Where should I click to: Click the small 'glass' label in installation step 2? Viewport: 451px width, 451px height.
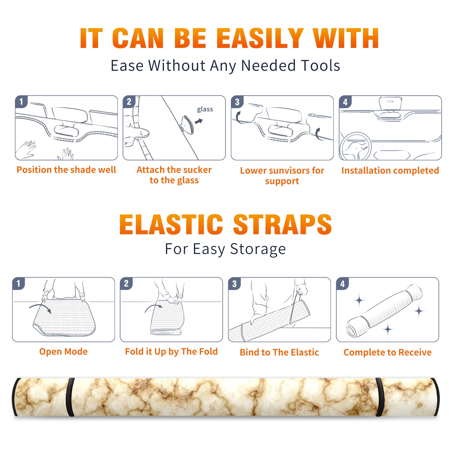(205, 109)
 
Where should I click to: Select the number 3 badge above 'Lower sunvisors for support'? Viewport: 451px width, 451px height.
(237, 102)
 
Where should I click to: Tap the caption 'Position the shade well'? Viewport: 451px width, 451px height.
(66, 170)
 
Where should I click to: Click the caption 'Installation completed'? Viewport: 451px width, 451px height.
(390, 171)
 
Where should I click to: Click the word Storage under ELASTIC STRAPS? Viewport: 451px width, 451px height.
(258, 249)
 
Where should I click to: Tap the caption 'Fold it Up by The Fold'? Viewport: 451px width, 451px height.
(171, 351)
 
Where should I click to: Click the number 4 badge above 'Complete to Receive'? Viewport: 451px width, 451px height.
(342, 284)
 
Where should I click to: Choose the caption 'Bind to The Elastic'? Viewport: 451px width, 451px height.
(279, 352)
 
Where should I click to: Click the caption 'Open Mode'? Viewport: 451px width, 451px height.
(63, 351)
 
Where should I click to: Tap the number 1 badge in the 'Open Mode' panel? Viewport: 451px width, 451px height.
(19, 283)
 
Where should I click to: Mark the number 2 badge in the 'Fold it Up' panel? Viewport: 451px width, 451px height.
(126, 283)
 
